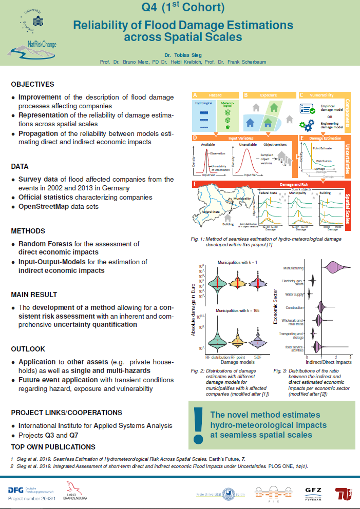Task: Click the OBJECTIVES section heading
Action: (x=32, y=84)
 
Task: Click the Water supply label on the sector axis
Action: (x=294, y=295)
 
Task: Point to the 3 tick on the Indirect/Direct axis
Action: (x=350, y=357)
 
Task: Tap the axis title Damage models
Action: (x=235, y=362)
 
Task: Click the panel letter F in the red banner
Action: (x=194, y=183)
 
